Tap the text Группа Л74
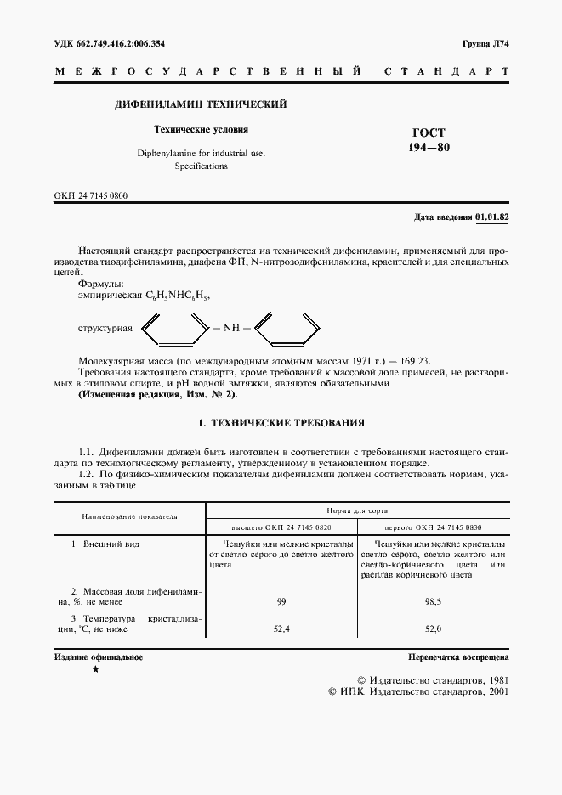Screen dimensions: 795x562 point(485,42)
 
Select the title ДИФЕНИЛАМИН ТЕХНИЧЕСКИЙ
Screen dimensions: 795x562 point(201,104)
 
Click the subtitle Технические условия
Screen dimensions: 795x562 point(201,130)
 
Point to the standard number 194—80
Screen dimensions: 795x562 point(429,149)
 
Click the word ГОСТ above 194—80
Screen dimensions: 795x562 point(429,133)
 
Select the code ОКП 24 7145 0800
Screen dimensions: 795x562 point(91,195)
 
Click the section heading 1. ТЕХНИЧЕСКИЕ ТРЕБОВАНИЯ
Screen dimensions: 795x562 point(281,422)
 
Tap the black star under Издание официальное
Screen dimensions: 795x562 point(95,670)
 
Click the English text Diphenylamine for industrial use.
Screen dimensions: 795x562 point(201,154)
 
